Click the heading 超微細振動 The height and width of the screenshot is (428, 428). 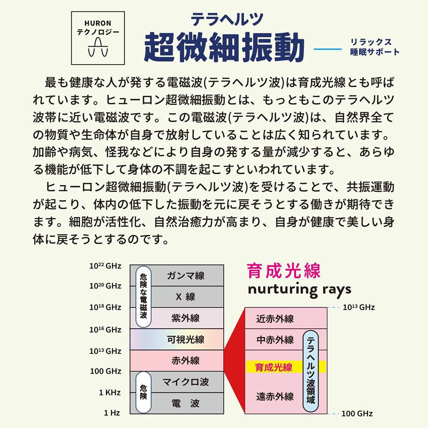point(224,47)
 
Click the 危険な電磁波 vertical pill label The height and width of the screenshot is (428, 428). point(143,297)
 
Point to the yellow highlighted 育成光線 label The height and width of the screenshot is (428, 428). point(273,367)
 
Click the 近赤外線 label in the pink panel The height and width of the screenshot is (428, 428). point(275,319)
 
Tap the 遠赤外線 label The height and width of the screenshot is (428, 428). point(275,396)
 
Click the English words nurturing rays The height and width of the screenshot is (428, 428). point(299,289)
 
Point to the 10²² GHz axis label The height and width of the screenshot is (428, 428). point(105,266)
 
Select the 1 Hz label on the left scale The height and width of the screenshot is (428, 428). point(112,413)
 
